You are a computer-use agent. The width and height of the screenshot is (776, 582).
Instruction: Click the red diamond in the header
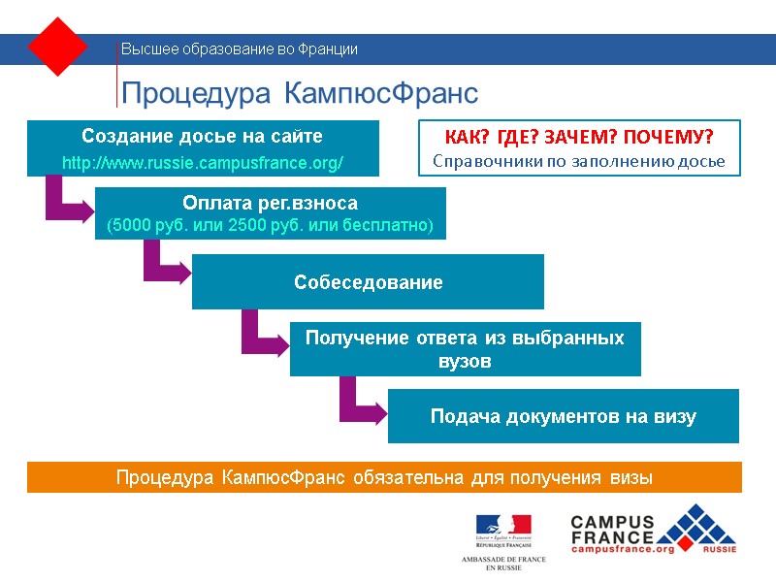click(x=58, y=46)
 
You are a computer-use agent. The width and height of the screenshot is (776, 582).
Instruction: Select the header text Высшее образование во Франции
click(x=239, y=49)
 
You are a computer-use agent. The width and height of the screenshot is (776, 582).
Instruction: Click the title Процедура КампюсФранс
click(x=299, y=93)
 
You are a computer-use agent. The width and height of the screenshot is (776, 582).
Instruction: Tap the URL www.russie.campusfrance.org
click(x=202, y=162)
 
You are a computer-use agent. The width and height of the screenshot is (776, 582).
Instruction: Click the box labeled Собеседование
click(x=368, y=282)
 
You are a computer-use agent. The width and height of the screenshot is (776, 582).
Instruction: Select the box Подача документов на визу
click(x=563, y=417)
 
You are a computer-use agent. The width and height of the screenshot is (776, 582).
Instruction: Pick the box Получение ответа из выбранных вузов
click(x=465, y=349)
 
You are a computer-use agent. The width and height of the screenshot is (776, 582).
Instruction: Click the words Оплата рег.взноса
click(x=270, y=204)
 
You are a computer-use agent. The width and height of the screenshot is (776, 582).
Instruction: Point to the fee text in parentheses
click(x=270, y=226)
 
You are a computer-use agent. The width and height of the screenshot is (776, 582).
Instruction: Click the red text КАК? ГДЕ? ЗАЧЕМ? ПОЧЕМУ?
click(x=578, y=136)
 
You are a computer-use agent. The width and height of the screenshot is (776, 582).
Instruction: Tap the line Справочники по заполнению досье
click(x=578, y=160)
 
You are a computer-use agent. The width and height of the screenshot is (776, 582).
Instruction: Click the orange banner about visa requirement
click(x=384, y=477)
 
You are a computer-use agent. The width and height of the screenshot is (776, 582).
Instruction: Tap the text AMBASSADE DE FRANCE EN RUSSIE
click(x=502, y=564)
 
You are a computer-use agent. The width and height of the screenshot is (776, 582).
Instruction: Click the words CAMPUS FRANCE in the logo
click(x=612, y=530)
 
